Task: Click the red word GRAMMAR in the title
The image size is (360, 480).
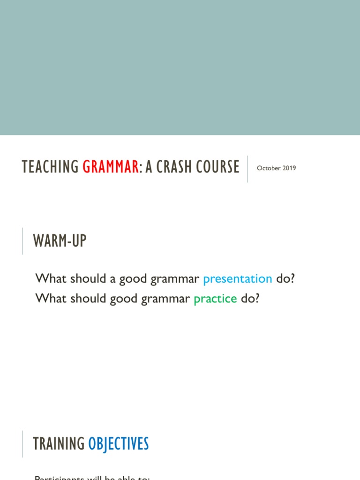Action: pos(111,167)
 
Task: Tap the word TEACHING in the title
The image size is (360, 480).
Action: pos(50,167)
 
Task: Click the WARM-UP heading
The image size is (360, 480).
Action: pos(60,241)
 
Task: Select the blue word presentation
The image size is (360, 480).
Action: pos(238,278)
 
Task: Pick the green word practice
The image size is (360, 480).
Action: pos(215,298)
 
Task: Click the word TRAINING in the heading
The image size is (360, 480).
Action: pos(59,443)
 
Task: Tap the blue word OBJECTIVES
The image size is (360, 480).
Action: pos(119,443)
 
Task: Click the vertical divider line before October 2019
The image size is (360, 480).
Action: pos(247,169)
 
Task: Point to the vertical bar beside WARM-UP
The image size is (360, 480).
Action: pos(22,241)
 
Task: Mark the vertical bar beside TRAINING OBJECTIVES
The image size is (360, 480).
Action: pos(22,443)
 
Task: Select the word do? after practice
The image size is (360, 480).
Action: pos(250,298)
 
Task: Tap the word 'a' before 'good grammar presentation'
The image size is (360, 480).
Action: pos(112,279)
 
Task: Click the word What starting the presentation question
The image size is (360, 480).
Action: pos(51,278)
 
